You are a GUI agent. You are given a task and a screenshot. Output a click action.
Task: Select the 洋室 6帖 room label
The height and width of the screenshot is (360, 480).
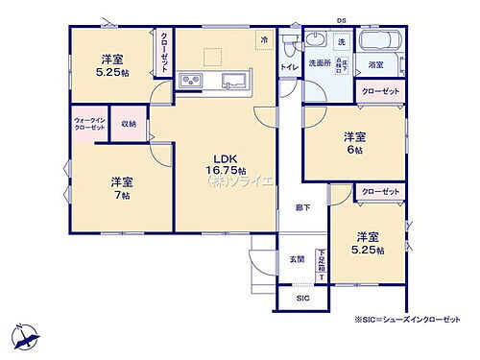(354, 143)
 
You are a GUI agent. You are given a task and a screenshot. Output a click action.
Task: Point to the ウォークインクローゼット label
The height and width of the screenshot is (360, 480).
(89, 125)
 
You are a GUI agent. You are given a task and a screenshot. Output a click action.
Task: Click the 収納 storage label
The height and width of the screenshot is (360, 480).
(129, 124)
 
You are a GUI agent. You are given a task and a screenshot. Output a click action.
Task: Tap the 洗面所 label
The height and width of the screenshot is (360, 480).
(318, 64)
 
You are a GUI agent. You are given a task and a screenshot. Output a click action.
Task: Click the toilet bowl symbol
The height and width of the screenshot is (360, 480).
(314, 41)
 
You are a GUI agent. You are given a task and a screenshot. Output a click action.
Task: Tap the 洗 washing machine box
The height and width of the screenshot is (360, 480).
(340, 42)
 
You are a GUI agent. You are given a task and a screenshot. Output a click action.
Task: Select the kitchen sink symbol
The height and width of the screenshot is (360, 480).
(232, 79)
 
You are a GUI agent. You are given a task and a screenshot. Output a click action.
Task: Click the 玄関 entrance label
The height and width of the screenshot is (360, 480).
(297, 259)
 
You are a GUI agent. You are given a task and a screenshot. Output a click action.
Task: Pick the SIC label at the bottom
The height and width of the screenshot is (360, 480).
(303, 299)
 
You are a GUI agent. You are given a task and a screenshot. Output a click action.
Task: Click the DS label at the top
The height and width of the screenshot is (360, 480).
(341, 20)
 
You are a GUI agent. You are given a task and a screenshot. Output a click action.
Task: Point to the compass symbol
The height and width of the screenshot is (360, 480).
(27, 337)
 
